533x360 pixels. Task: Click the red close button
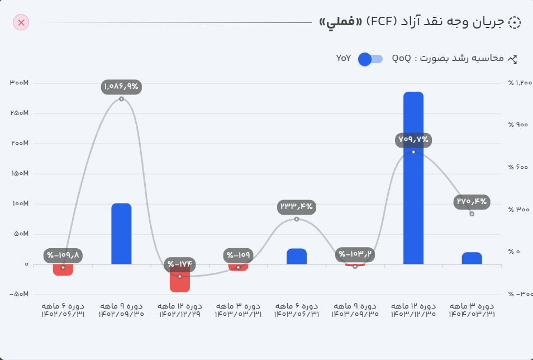coord(21,22)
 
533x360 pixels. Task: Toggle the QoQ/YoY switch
coord(370,59)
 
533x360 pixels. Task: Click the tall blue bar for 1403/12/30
coord(413,177)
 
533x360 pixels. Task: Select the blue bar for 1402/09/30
coord(121,233)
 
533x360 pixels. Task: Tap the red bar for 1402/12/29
coord(179,278)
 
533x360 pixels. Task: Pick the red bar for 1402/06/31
coord(63,270)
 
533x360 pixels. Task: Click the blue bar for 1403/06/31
coord(297,256)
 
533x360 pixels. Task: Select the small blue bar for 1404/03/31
coord(472,258)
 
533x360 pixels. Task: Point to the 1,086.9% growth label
coord(121,87)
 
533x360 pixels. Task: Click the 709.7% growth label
coord(413,139)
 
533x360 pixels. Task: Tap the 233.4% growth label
coord(297,207)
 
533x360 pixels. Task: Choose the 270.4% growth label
coord(472,201)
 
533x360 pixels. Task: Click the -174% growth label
coord(179,264)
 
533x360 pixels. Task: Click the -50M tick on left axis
coord(19,294)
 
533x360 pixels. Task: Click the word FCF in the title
coord(381,22)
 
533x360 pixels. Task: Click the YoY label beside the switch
coord(344,58)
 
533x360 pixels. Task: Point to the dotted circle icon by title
coord(514,22)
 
